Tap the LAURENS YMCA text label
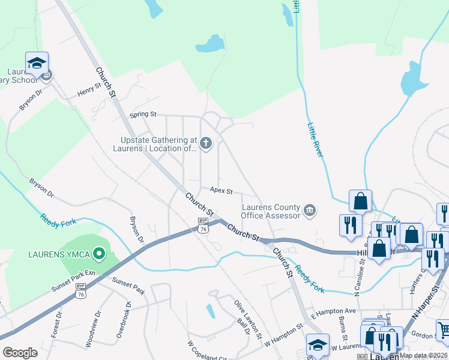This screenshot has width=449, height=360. click(59, 254)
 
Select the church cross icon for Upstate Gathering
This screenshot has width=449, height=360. click(205, 143)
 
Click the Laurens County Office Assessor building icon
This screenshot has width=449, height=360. click(310, 209)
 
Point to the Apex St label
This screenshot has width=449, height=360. click(221, 190)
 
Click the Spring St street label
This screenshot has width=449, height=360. click(144, 114)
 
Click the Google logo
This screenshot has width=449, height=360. click(20, 353)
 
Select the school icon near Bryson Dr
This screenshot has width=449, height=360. click(37, 63)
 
